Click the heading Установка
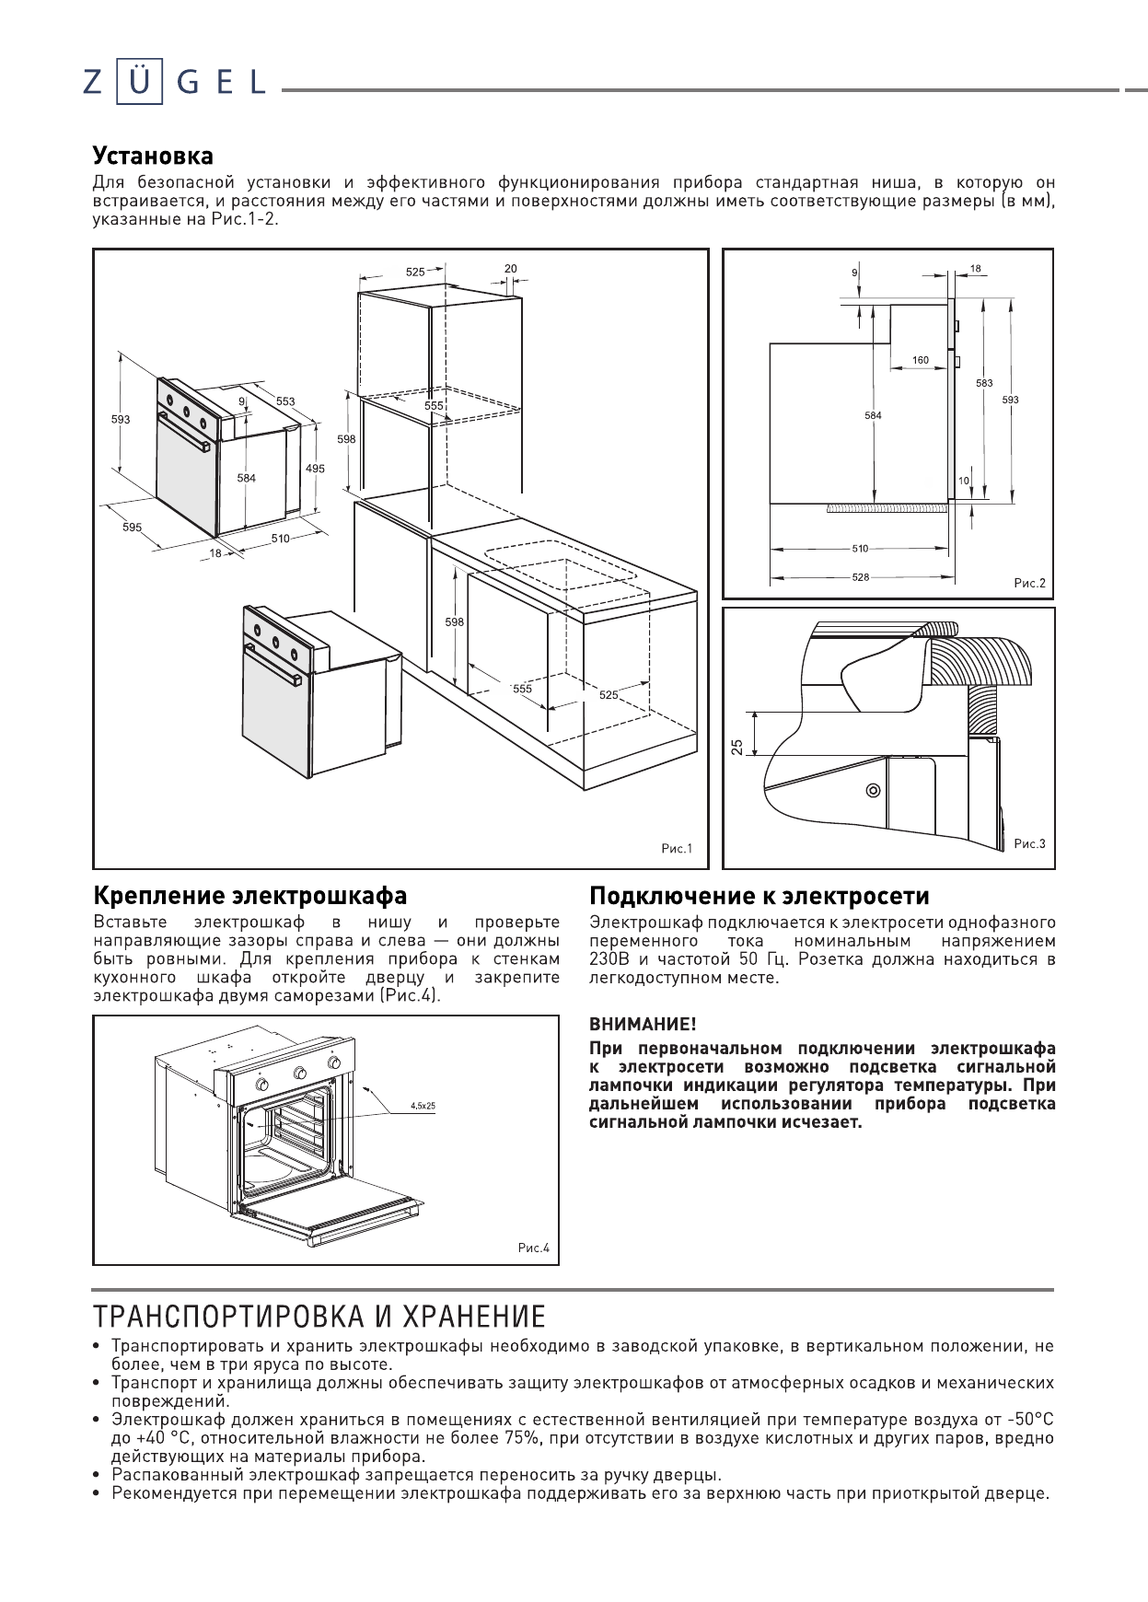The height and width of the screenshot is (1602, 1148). click(x=153, y=155)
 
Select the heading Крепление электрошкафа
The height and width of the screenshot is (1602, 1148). click(x=250, y=895)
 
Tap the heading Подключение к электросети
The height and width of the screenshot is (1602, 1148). click(x=760, y=895)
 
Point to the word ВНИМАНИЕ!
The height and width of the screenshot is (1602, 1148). click(x=643, y=1024)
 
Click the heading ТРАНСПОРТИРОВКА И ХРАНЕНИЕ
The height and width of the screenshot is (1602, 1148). click(x=319, y=1317)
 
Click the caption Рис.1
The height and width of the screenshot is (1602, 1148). click(x=677, y=849)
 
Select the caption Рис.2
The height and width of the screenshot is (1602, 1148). click(x=1029, y=583)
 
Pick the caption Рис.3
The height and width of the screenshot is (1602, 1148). click(x=1029, y=843)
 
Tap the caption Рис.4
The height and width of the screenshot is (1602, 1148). click(x=533, y=1248)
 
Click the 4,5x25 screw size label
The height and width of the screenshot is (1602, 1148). click(x=423, y=1105)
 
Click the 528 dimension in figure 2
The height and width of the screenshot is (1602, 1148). click(x=860, y=577)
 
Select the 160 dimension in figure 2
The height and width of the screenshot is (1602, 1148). click(x=921, y=360)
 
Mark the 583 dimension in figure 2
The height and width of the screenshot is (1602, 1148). click(x=984, y=383)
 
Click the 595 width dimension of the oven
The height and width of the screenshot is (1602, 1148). click(x=132, y=528)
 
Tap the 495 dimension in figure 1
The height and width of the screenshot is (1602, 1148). click(x=315, y=469)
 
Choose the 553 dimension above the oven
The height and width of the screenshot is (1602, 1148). click(x=285, y=401)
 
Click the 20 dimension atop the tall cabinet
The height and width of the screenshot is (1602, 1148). click(x=511, y=269)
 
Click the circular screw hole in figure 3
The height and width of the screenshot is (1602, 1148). click(x=873, y=790)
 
